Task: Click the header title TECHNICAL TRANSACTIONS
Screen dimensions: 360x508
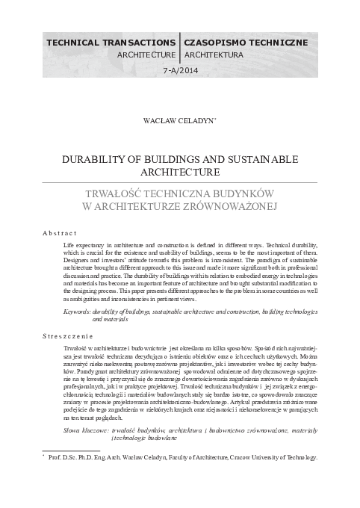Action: [111, 43]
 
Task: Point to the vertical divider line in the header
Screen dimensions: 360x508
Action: [180, 46]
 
